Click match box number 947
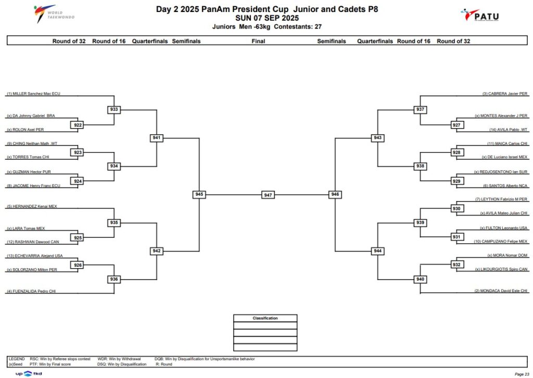click(268, 195)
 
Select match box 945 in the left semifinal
click(199, 194)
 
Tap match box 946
click(335, 194)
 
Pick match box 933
click(114, 109)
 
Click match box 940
click(420, 279)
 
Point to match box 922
click(78, 125)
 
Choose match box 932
click(456, 264)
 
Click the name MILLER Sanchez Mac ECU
click(34, 94)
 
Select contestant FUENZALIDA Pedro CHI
click(31, 292)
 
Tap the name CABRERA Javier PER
click(505, 94)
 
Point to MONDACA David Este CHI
click(501, 291)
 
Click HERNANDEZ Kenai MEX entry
click(32, 206)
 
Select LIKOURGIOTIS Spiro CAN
click(501, 269)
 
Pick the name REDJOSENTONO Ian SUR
click(501, 172)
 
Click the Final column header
click(258, 41)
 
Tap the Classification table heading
click(265, 318)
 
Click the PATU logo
click(479, 15)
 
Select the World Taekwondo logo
click(54, 14)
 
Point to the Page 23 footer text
click(522, 374)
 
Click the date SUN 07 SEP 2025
click(267, 18)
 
